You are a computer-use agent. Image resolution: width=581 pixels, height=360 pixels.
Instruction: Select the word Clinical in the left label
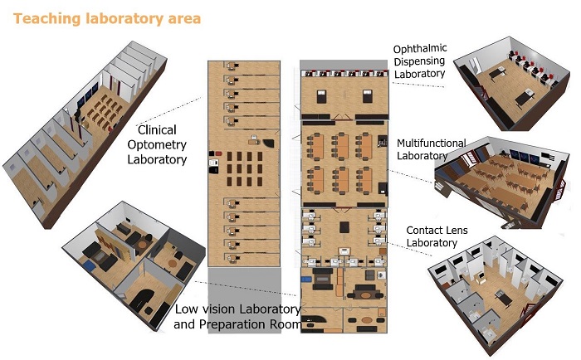click(x=158, y=130)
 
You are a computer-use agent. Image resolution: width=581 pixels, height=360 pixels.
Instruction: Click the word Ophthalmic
click(x=422, y=49)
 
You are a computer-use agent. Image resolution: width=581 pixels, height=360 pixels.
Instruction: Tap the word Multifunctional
click(x=432, y=143)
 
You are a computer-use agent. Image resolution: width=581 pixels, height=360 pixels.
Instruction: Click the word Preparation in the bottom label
click(x=237, y=324)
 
